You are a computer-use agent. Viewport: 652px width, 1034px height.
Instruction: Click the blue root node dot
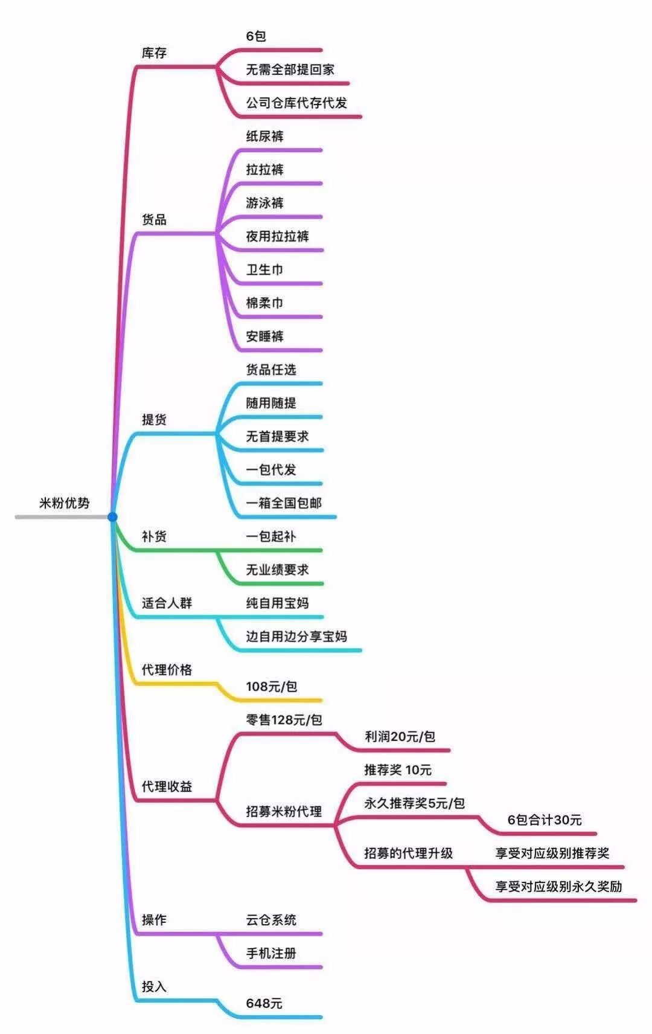click(112, 517)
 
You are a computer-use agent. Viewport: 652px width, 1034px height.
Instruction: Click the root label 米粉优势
click(64, 503)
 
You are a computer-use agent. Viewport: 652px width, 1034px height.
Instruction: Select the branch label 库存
click(154, 53)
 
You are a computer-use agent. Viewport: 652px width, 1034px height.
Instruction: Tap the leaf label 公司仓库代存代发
click(296, 103)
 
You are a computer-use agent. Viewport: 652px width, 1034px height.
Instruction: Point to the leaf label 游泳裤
click(264, 203)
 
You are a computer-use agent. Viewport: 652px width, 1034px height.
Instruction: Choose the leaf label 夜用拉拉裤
click(277, 236)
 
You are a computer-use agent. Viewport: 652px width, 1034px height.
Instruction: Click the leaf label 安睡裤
click(264, 336)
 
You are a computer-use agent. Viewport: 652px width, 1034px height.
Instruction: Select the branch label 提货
click(154, 420)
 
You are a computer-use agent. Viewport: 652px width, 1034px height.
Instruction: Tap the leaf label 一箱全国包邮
click(284, 503)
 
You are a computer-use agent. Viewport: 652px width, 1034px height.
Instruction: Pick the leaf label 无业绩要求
click(277, 570)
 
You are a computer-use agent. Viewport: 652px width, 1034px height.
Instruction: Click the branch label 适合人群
click(167, 603)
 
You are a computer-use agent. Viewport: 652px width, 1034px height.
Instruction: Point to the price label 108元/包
click(271, 686)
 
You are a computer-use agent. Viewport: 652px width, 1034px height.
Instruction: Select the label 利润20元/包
click(400, 736)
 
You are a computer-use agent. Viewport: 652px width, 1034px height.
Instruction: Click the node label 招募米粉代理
click(284, 811)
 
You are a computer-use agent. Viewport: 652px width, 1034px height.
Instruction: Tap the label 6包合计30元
click(545, 820)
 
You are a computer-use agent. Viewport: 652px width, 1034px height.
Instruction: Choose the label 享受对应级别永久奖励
click(558, 886)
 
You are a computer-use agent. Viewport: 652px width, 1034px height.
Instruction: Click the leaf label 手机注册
click(271, 953)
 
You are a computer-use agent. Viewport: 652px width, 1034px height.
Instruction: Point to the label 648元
click(264, 1003)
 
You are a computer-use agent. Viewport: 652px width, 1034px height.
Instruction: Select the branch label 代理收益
click(167, 786)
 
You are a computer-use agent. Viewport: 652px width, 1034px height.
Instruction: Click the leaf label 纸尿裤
click(264, 136)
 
